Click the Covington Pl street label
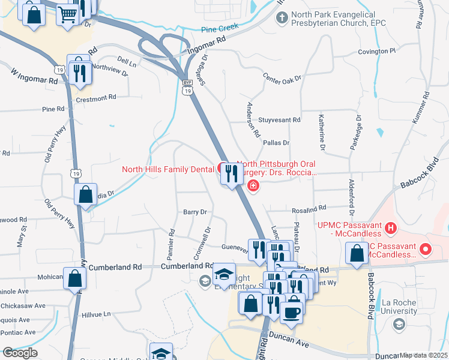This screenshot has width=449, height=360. (x=377, y=52)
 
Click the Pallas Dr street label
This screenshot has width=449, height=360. (x=276, y=143)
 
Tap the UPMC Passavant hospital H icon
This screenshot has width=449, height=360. (x=391, y=228)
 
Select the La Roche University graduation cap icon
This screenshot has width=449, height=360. (x=397, y=325)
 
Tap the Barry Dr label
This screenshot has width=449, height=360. (x=194, y=212)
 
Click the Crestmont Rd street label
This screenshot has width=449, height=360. (x=95, y=97)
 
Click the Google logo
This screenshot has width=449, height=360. (x=19, y=353)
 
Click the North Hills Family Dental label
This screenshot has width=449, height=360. (x=168, y=169)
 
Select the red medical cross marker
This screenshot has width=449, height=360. (x=253, y=186)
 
